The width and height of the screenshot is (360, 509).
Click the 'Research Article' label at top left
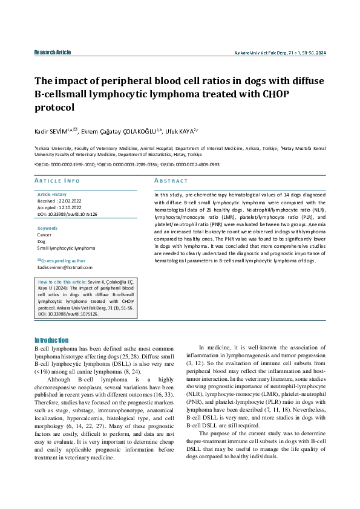point(53,53)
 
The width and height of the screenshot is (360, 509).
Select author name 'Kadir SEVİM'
point(53,131)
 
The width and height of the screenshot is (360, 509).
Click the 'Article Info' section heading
point(57,181)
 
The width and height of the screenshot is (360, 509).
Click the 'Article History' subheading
point(52,194)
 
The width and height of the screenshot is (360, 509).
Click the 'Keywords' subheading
point(48,228)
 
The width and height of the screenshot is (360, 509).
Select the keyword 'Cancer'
point(45,235)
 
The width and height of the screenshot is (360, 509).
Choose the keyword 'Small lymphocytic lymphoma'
point(66,248)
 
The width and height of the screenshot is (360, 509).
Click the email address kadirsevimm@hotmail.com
point(65,267)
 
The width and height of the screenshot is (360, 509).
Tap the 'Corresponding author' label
point(64,260)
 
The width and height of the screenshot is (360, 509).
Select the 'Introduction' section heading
point(51,340)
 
